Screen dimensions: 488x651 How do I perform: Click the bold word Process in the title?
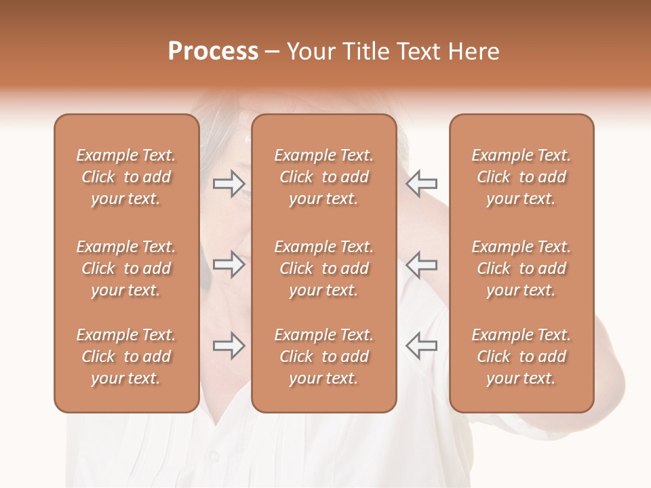click(x=213, y=52)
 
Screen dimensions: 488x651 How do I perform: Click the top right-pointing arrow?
click(x=229, y=183)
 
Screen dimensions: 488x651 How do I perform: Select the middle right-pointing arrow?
click(x=229, y=265)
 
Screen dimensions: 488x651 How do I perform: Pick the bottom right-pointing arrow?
click(x=229, y=346)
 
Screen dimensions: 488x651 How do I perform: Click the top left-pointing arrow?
click(x=422, y=183)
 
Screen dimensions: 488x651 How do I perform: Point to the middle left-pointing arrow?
click(x=422, y=265)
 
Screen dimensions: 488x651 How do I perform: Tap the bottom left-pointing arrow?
click(x=422, y=346)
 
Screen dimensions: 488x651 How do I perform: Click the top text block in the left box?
click(x=126, y=177)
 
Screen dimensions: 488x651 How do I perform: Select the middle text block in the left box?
click(x=126, y=268)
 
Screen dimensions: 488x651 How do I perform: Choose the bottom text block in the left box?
click(x=126, y=357)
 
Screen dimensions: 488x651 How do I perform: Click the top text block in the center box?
click(x=324, y=177)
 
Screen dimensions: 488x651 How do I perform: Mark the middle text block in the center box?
click(x=324, y=268)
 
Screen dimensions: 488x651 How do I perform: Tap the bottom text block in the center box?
click(x=324, y=357)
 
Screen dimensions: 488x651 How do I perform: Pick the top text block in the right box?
click(x=521, y=177)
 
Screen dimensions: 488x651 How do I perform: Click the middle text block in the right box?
click(x=521, y=268)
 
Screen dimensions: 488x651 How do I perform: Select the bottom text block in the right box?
click(x=521, y=357)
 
